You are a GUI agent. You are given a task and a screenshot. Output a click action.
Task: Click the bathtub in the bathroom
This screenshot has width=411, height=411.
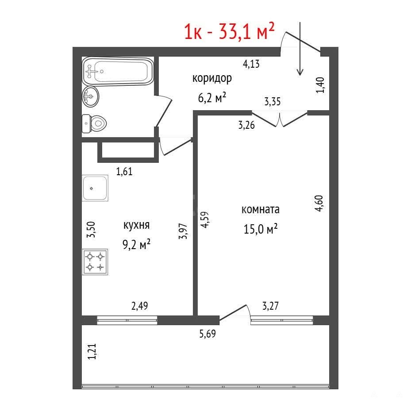pos(118,71)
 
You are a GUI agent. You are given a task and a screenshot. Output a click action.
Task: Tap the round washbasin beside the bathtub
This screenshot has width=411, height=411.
pos(90,96)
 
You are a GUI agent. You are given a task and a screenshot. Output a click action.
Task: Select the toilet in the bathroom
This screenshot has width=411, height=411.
pos(94,123)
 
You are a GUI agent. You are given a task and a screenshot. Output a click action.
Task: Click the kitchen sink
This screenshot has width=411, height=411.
pos(95,188)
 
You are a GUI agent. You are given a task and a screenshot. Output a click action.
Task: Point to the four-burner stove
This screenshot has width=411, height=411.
pos(95,262)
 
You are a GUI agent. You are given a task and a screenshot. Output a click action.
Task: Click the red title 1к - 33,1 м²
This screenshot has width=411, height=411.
pos(229,31)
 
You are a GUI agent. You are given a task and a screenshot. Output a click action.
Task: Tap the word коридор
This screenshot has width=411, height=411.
pos(212,78)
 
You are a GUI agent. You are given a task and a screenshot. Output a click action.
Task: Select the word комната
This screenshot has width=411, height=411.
pos(260,209)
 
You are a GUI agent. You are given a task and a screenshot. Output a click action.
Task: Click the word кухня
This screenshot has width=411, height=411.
pos(136,226)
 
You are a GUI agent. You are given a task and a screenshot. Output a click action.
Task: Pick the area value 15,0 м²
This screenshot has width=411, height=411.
pos(261,229)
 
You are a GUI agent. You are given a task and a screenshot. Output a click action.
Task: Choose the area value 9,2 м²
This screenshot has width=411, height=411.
pos(136,245)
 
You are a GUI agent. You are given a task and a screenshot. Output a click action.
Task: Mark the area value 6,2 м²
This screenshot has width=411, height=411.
pos(212,97)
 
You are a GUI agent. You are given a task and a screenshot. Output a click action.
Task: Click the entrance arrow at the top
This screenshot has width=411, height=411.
pos(300,49)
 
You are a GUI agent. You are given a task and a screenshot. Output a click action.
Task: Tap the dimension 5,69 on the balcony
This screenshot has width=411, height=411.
pos(207,334)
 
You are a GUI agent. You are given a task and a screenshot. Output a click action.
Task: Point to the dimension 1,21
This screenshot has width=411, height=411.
pos(92,352)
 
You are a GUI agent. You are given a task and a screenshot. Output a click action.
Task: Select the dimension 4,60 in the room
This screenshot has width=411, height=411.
pos(319,204)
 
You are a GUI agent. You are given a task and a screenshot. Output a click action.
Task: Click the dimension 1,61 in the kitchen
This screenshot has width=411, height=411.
pos(124,171)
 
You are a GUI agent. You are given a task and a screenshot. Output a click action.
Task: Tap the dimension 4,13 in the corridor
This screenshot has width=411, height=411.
pos(251,64)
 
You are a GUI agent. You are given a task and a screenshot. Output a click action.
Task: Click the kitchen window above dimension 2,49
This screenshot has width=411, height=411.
pos(127,320)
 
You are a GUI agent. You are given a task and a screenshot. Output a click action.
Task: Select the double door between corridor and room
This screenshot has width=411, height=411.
pos(280,119)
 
